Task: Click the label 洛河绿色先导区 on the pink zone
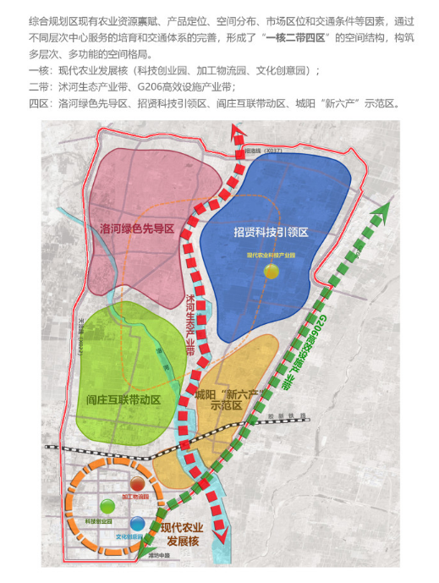pyautogui.click(x=137, y=228)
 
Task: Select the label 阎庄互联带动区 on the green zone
pyautogui.click(x=123, y=399)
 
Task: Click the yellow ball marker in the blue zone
pyautogui.click(x=271, y=271)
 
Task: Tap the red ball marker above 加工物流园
pyautogui.click(x=136, y=484)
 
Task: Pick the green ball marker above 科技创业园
pyautogui.click(x=106, y=507)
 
